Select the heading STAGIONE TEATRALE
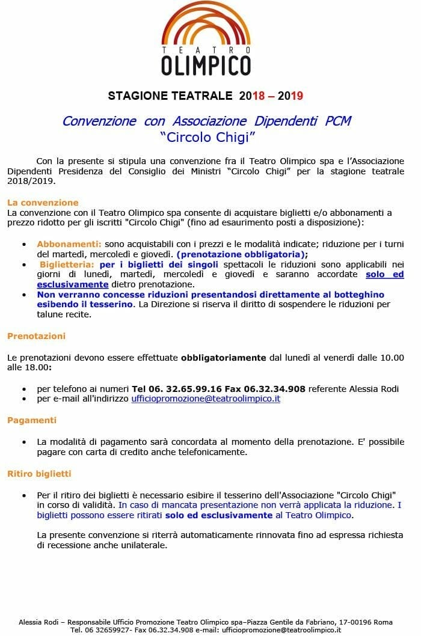[170, 96]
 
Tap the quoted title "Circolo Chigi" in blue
[207, 137]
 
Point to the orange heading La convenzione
[43, 203]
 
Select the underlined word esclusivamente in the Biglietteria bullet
[73, 284]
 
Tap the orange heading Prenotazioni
[36, 336]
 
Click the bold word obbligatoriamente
[223, 357]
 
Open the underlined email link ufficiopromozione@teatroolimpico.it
[206, 398]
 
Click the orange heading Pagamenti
[32, 420]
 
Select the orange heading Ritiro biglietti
[39, 474]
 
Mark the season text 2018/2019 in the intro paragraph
[31, 181]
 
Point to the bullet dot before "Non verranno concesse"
[23, 295]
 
